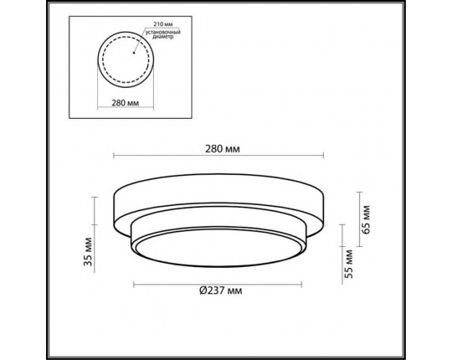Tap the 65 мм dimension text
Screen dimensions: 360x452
click(x=367, y=217)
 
